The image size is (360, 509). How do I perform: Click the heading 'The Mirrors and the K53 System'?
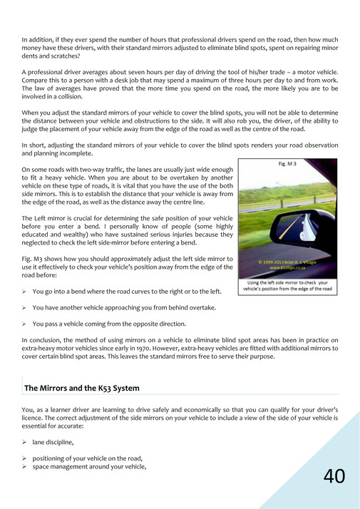tap(82, 389)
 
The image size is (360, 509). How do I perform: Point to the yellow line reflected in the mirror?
tap(292, 232)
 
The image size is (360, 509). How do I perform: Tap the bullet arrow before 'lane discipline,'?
tap(25, 442)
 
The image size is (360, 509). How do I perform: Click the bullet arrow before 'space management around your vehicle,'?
tap(25, 466)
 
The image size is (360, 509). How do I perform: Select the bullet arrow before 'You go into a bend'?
tap(25, 292)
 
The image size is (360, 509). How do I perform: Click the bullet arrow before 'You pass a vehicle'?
tap(25, 324)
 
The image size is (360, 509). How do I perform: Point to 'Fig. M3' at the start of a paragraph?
tap(33, 258)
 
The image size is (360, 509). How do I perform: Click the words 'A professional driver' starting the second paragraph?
tap(50, 72)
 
